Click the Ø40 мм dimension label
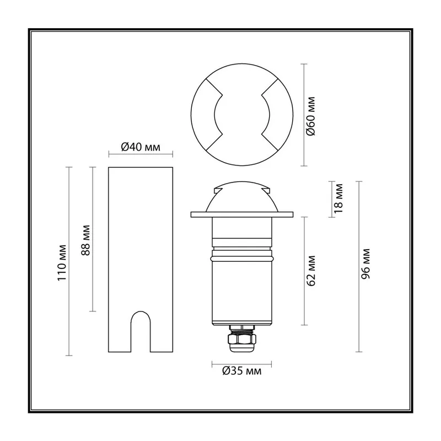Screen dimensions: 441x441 [141, 147]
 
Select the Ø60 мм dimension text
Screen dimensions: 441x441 [311, 116]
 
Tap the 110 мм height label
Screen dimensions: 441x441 [62, 263]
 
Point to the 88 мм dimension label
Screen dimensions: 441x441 [86, 240]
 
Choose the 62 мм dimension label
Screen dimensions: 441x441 [311, 271]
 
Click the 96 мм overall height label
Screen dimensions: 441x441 [365, 264]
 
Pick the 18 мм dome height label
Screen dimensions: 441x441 [338, 198]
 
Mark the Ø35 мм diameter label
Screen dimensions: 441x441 [241, 371]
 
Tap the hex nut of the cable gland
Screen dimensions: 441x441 [242, 340]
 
